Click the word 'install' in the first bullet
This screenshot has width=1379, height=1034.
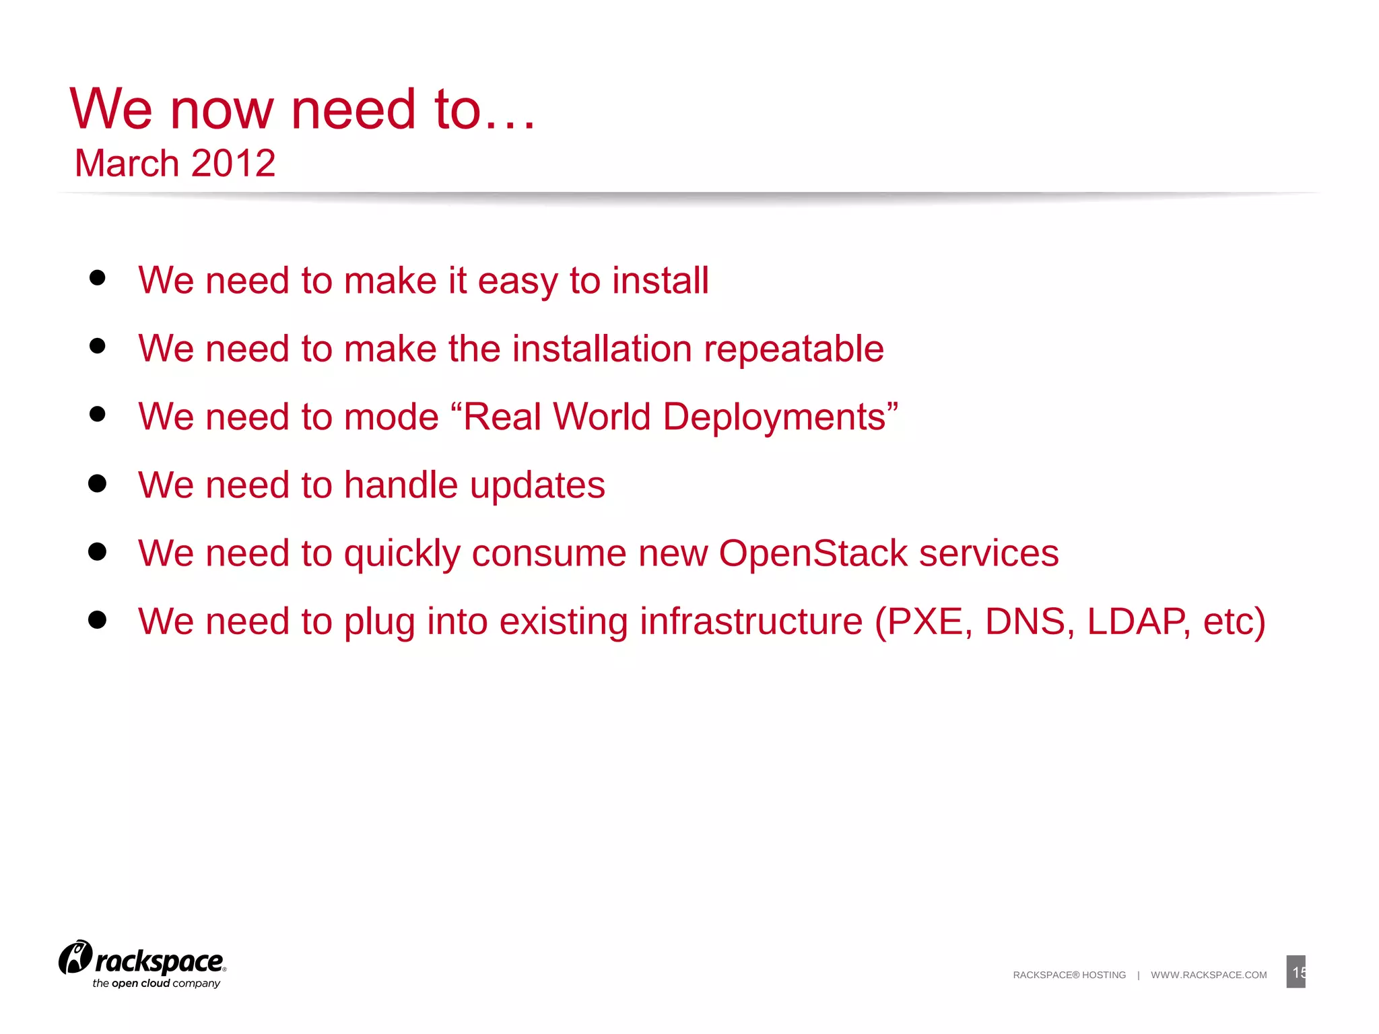click(661, 281)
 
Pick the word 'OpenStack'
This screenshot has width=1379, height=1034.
click(813, 553)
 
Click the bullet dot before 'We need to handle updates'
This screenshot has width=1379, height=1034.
click(98, 483)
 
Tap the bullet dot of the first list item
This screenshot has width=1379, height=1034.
click(98, 278)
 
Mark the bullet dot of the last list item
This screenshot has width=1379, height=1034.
click(98, 620)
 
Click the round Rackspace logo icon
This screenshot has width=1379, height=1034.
click(75, 957)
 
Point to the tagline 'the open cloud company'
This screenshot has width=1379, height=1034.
click(156, 984)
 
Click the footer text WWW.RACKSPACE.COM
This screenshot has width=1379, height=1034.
click(1209, 975)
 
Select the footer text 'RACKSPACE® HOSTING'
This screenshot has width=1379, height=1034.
click(1069, 975)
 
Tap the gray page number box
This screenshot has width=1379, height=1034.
click(1296, 971)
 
